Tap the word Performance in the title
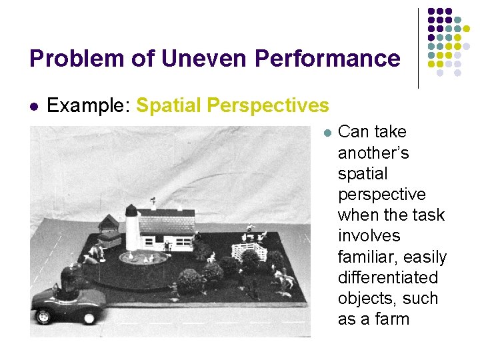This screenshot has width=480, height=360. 327,59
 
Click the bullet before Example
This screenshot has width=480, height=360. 34,106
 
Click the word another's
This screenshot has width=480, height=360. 373,153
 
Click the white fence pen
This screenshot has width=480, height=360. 245,251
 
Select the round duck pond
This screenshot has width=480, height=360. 143,257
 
